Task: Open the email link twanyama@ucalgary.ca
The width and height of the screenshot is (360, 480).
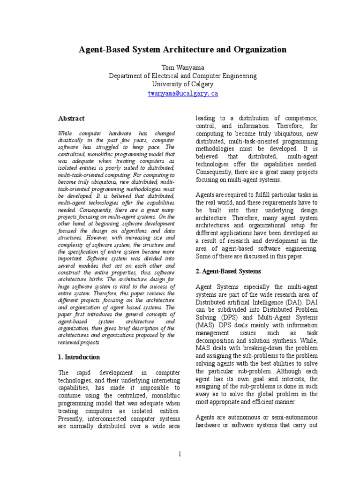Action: point(182,93)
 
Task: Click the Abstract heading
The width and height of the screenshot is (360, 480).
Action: point(71,119)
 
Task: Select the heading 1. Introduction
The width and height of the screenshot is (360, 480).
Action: point(79,357)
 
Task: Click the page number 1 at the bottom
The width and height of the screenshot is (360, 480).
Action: point(180,453)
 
